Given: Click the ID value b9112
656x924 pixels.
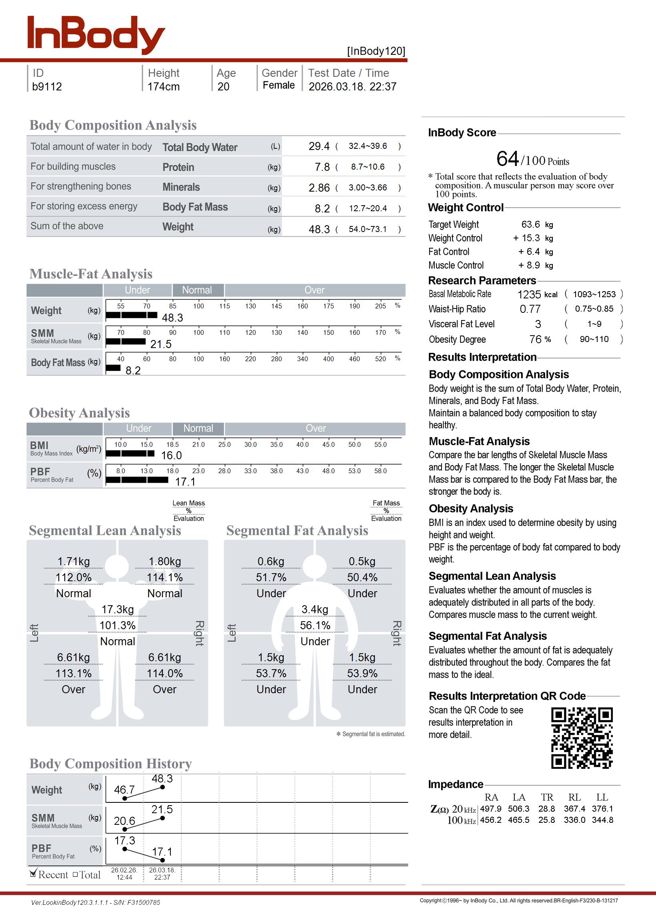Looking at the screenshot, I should [x=47, y=87].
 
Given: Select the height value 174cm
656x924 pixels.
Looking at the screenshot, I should [x=163, y=87].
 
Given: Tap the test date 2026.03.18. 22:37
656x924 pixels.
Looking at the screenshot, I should [x=352, y=87].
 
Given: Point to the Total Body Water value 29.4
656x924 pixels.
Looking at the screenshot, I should [x=319, y=146].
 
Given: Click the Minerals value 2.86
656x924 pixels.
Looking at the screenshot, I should [x=319, y=188].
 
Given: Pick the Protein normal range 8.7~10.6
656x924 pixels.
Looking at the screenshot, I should [x=368, y=167].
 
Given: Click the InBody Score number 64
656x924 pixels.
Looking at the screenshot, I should [x=507, y=159].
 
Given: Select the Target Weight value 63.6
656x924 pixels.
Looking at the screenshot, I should [x=530, y=224].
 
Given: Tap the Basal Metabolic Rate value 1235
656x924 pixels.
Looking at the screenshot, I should [x=529, y=295].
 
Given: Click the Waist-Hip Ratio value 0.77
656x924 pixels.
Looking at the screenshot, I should [x=530, y=309].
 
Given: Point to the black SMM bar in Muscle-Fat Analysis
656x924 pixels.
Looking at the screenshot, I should [x=126, y=342].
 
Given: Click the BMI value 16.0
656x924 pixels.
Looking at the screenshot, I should [x=171, y=456].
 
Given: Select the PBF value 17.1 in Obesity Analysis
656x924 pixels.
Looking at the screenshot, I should [x=185, y=482].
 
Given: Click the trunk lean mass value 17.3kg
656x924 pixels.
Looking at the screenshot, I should [x=118, y=610].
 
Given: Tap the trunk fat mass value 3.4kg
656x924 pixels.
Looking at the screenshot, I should [x=315, y=610].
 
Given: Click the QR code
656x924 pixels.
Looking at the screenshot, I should [x=582, y=738].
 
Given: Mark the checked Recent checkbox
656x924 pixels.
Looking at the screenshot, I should [x=33, y=874].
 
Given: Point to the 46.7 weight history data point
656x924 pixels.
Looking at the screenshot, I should [x=125, y=798].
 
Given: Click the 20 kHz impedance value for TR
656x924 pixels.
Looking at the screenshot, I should [x=546, y=809].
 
